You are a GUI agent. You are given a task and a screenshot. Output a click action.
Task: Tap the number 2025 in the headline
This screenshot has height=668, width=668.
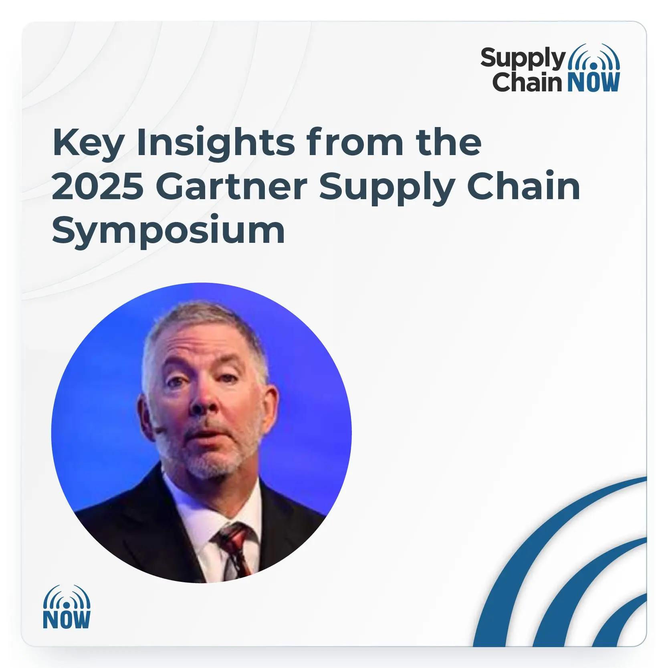pyautogui.click(x=98, y=187)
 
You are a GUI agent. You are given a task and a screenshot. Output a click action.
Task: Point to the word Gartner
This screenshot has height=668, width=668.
pyautogui.click(x=232, y=187)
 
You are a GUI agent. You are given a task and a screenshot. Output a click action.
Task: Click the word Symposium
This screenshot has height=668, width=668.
pyautogui.click(x=168, y=232)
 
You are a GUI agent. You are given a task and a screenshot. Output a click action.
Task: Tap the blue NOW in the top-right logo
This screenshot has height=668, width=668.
pyautogui.click(x=593, y=82)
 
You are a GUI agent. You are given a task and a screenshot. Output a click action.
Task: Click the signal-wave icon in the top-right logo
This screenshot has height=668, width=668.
pyautogui.click(x=594, y=57)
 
